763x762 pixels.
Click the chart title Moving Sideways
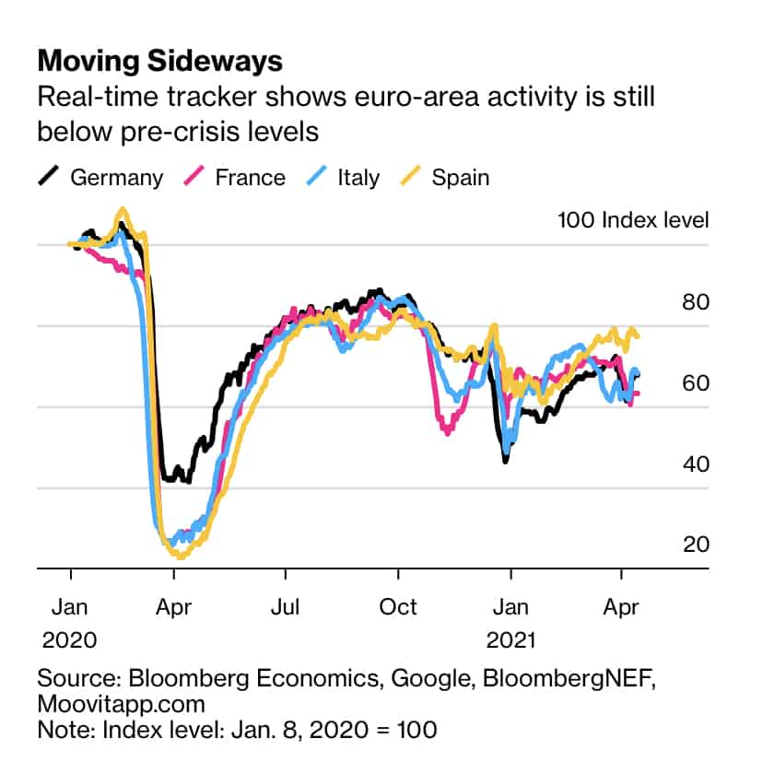159,62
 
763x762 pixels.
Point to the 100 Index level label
633,220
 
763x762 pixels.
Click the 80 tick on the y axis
695,301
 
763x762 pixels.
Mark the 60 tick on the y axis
695,382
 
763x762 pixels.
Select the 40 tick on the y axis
695,463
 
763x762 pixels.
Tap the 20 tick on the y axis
695,545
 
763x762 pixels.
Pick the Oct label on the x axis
398,606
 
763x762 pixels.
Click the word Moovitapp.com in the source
121,704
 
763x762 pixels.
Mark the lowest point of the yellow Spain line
181,556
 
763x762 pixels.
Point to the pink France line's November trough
447,432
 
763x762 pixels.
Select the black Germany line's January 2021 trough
505,460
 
